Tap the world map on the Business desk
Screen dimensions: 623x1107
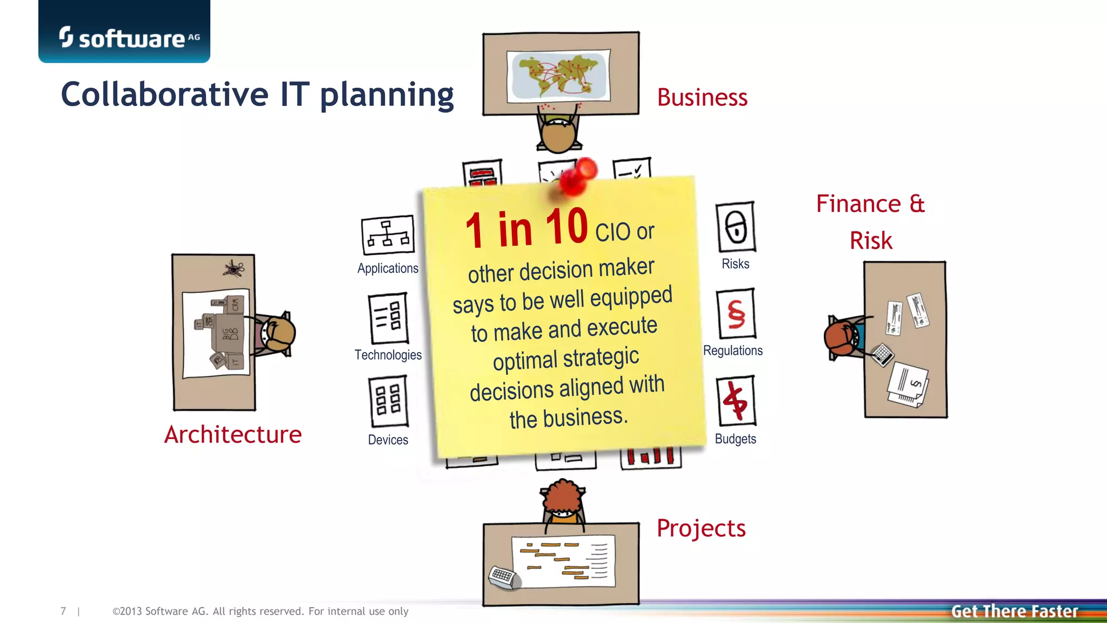559,75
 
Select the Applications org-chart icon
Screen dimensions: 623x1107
388,235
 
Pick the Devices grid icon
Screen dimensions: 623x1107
388,402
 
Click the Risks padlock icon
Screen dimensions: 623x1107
735,227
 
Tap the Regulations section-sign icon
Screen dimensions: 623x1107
736,314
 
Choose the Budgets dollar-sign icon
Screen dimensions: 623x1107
735,401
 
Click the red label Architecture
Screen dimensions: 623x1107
233,434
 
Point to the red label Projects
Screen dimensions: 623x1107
701,528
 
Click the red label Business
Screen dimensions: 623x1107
702,98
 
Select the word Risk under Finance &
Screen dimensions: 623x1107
871,241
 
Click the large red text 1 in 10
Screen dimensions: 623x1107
526,229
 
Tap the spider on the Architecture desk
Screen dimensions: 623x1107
234,268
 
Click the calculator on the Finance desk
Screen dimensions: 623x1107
883,355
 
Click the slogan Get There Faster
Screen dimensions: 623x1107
1014,612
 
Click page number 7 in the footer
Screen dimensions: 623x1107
63,611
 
